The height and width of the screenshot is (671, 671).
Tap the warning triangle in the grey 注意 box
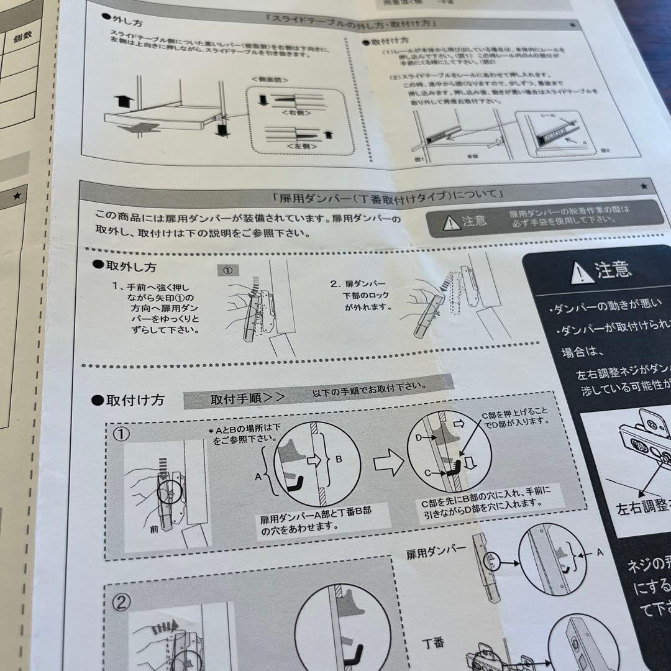[451, 222]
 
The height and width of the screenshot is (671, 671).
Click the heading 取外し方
[128, 266]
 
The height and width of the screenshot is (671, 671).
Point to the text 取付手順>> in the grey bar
[247, 398]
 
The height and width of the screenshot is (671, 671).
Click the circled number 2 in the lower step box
[122, 602]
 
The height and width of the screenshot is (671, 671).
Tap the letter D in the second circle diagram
[418, 439]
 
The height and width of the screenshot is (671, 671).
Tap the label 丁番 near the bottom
[434, 642]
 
